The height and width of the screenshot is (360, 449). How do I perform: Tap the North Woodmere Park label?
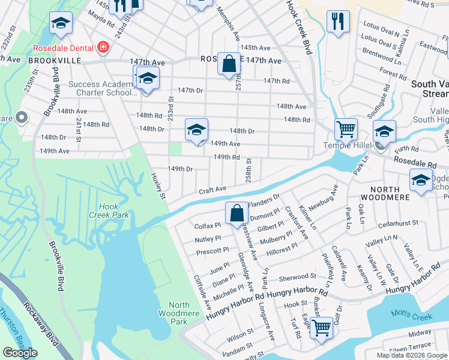175,309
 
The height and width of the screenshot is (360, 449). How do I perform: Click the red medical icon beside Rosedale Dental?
103,47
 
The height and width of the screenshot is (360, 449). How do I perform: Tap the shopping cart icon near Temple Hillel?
346,129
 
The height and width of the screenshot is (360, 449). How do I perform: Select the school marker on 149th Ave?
196,130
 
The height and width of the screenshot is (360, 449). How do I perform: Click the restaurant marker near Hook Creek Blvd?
338,21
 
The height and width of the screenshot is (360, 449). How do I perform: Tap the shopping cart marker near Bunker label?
322,328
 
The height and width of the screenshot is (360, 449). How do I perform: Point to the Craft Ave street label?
213,189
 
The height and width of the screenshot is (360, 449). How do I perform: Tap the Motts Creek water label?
411,313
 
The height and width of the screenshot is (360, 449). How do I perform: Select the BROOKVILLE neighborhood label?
28,61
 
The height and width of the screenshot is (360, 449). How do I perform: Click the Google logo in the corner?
20,353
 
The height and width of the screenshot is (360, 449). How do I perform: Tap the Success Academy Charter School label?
102,89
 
